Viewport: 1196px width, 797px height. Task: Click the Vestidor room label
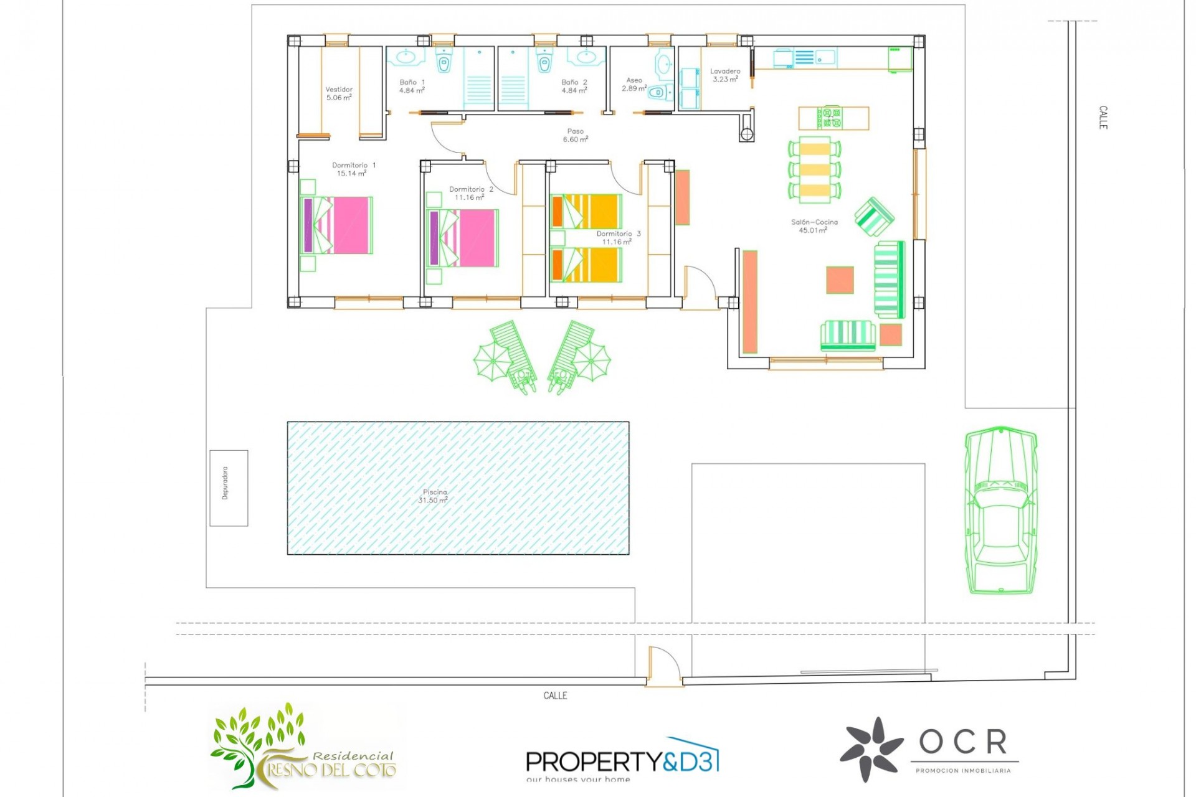[339, 93]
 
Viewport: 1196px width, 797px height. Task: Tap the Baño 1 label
[412, 86]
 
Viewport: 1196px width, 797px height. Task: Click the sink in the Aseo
[664, 64]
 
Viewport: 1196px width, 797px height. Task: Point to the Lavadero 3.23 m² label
[725, 75]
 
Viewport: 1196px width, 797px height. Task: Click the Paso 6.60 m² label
[576, 135]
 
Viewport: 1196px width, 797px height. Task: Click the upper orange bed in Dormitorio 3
[586, 211]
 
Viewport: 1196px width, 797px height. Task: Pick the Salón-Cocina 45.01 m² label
[814, 226]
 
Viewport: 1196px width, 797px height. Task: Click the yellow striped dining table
[814, 170]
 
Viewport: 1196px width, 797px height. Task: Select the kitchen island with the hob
[833, 118]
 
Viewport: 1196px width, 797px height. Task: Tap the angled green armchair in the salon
[874, 217]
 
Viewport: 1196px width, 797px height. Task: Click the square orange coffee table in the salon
[840, 280]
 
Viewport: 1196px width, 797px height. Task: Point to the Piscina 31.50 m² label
[434, 496]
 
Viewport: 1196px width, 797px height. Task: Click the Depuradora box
[229, 488]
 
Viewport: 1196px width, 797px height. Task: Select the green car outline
[1000, 511]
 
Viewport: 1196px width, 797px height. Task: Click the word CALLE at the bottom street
[555, 696]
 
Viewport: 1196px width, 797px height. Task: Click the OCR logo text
[963, 742]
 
